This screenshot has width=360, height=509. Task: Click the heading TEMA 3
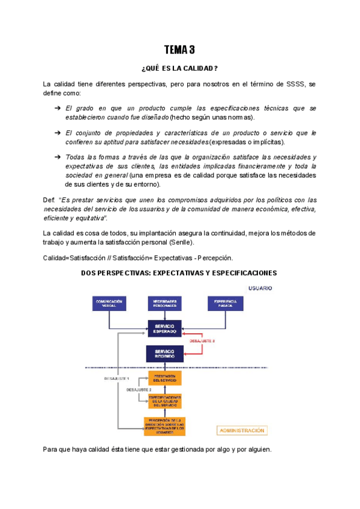tap(179, 50)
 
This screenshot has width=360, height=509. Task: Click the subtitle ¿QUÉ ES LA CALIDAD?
tap(179, 68)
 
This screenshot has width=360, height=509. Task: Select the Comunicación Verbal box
tap(109, 304)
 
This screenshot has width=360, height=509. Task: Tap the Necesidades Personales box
tap(164, 304)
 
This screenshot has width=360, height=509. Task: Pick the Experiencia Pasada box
tap(226, 304)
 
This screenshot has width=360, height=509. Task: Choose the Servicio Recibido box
tap(164, 354)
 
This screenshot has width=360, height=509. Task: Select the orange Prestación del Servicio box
tap(164, 378)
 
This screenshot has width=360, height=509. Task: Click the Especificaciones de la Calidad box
tap(164, 400)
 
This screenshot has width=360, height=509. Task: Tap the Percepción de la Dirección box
tap(164, 424)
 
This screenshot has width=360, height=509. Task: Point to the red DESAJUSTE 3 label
tap(202, 341)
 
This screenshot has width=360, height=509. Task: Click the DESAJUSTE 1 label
tap(116, 379)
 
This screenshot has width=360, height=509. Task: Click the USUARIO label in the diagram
tap(260, 288)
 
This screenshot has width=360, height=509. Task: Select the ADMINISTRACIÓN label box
tap(242, 430)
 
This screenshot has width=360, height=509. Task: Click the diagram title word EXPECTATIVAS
tap(178, 273)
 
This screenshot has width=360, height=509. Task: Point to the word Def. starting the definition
tap(49, 199)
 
